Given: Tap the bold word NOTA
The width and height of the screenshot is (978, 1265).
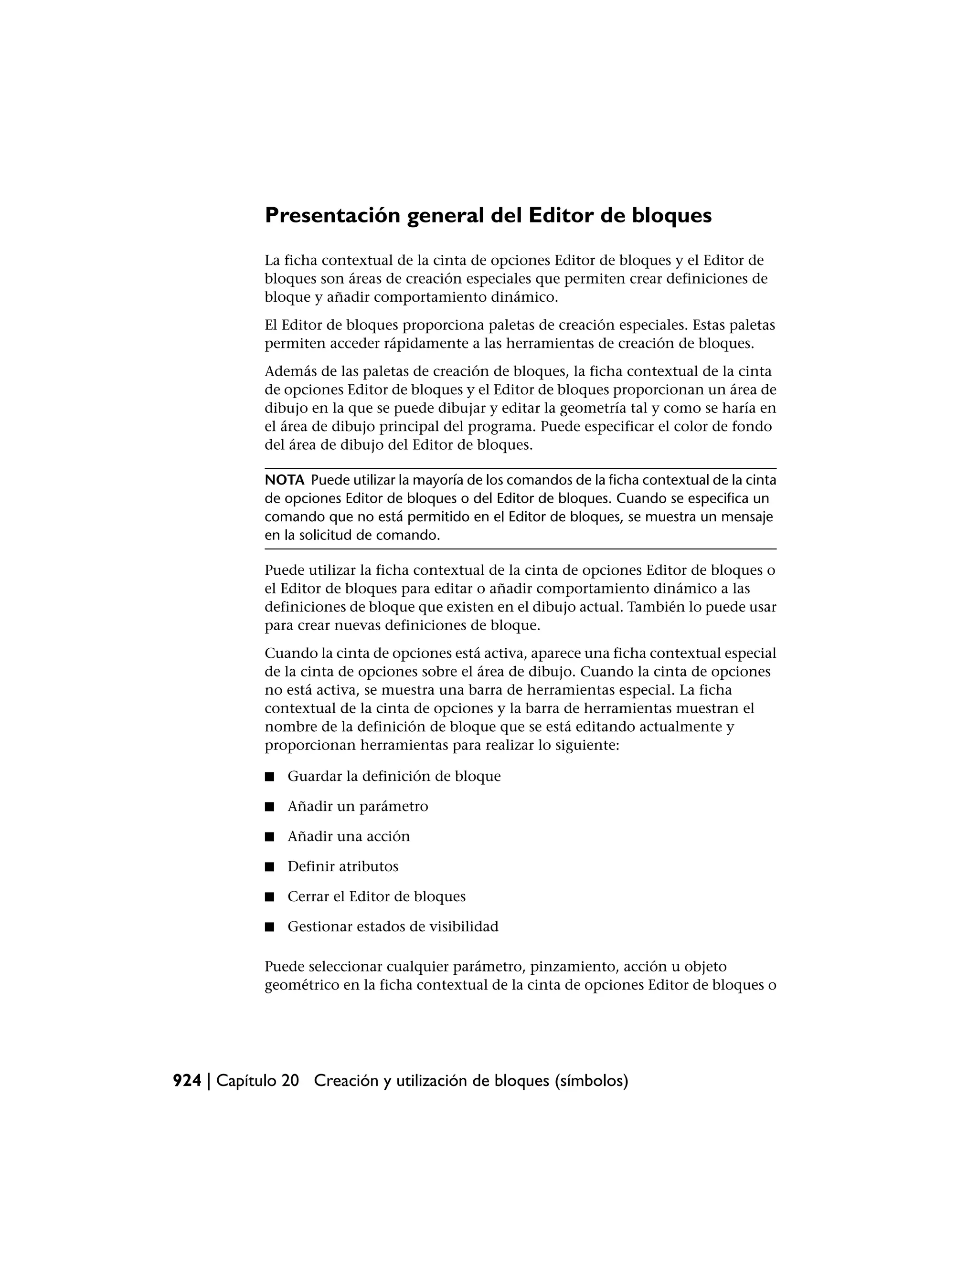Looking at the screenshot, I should point(284,480).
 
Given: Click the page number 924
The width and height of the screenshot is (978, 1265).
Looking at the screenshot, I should point(187,1081).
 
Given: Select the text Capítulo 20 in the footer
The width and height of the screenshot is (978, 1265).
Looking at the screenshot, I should point(257,1081).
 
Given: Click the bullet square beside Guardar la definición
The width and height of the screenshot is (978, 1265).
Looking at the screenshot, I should point(269,777).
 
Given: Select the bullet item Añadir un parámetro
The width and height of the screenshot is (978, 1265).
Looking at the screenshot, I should point(358,806).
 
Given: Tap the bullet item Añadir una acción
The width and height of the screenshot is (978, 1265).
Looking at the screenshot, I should point(348,836).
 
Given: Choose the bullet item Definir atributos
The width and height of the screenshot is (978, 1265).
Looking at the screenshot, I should point(342,866).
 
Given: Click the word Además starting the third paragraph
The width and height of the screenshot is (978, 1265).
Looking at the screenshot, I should point(290,371).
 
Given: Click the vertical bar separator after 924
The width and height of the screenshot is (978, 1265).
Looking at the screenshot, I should point(209,1081).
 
